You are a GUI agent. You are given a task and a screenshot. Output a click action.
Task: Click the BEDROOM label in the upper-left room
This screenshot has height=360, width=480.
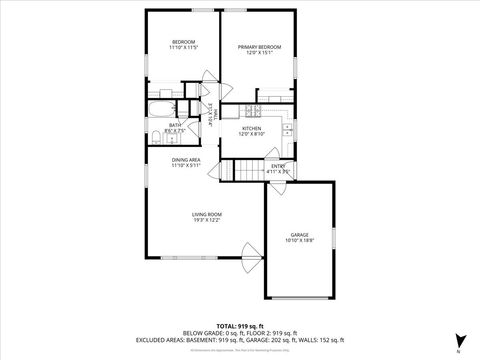click(x=183, y=42)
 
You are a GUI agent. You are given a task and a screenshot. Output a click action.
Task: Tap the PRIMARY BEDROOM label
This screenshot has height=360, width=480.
click(x=258, y=47)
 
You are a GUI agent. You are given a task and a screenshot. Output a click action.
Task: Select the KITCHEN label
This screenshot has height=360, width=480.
click(x=252, y=128)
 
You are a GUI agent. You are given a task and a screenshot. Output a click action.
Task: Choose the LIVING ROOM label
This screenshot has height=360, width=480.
click(x=207, y=214)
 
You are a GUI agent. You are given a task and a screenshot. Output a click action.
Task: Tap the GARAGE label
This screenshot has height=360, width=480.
click(x=300, y=234)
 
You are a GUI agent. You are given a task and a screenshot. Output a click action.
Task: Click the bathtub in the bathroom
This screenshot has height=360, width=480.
click(x=161, y=109)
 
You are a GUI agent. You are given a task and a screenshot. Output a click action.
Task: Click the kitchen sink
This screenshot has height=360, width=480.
click(x=288, y=127)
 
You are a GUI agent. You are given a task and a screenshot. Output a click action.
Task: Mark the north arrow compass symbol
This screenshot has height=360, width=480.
click(x=458, y=341)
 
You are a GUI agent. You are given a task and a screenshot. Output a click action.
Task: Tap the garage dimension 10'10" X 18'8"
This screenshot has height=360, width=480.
click(x=300, y=240)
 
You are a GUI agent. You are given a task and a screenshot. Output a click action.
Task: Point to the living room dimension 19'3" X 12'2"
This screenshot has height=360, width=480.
click(x=207, y=220)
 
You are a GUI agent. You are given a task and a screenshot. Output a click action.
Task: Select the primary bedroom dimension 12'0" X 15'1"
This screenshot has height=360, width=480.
click(x=258, y=53)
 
